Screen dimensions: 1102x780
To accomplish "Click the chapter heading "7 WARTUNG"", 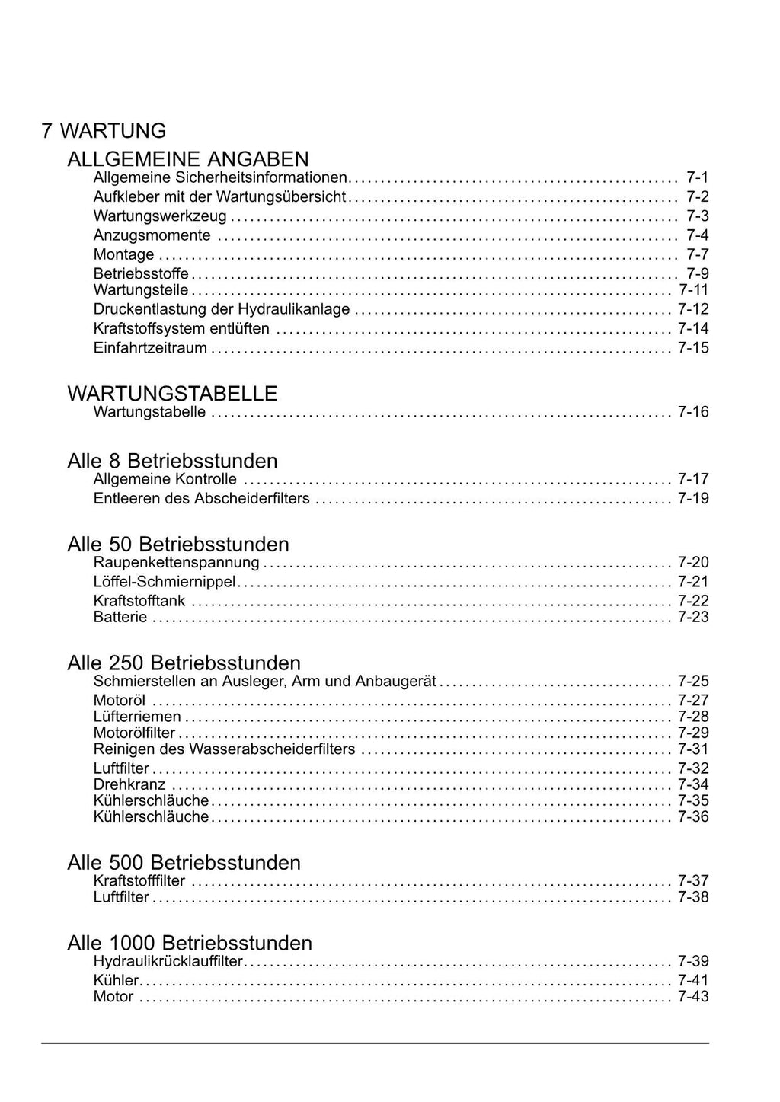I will click(104, 131).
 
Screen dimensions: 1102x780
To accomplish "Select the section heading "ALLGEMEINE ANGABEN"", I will click(188, 159).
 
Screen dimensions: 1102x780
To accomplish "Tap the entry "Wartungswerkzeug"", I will click(159, 216).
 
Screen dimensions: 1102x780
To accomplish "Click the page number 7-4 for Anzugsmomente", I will click(697, 235).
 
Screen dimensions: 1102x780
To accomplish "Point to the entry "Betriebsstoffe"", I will click(141, 273).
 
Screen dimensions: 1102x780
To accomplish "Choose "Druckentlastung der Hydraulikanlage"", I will click(222, 309).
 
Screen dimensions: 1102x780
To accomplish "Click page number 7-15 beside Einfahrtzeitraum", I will click(693, 348).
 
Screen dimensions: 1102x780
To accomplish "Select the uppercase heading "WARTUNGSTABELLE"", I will click(172, 394).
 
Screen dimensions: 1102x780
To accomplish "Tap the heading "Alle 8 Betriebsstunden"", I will click(172, 462).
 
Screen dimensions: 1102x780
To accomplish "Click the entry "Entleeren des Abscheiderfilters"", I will click(202, 499).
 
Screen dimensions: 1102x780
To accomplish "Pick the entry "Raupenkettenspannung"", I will click(176, 563).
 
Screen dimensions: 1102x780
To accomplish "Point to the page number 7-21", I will click(693, 582).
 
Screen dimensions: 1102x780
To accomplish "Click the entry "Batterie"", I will click(120, 617).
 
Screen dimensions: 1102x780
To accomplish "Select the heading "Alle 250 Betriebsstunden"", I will click(184, 663).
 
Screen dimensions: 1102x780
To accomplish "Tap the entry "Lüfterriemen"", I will click(137, 717).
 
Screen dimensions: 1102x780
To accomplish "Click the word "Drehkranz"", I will click(129, 784).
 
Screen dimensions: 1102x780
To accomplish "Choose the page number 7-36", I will click(693, 816).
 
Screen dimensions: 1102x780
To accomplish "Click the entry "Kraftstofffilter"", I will click(139, 881).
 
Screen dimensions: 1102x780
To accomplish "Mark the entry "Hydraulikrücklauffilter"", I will click(168, 961).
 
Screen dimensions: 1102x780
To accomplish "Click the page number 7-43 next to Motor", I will click(693, 996).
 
